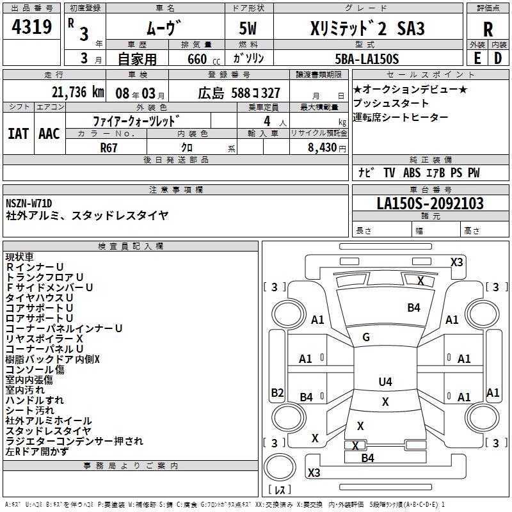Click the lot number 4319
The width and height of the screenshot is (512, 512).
point(32,28)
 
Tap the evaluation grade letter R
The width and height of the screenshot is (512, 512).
point(488,30)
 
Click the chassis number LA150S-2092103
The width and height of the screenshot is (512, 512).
point(429,204)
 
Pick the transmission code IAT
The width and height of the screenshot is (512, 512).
point(18,134)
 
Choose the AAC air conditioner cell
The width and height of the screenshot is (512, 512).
point(49,134)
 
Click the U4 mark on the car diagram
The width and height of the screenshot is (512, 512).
point(385,382)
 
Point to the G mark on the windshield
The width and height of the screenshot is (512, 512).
point(366,337)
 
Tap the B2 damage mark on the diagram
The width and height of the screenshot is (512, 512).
point(277,393)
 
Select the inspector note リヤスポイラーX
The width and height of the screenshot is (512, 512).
point(44,339)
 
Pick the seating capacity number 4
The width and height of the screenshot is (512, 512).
point(265,120)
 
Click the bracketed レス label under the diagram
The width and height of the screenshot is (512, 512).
point(279,490)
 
